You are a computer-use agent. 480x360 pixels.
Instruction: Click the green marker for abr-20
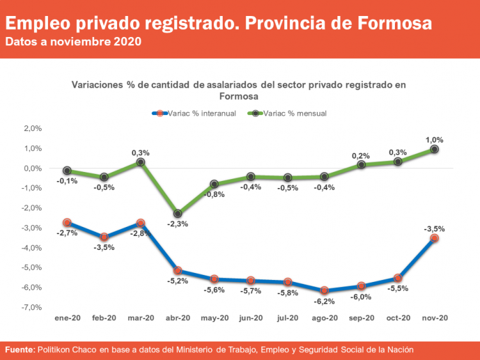(x=177, y=214)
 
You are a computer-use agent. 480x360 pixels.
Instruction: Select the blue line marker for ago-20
(x=324, y=290)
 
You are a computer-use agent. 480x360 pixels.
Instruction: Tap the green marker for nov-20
(x=435, y=149)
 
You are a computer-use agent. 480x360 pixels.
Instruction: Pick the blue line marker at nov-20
(x=435, y=238)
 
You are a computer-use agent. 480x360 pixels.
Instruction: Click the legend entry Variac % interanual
(x=195, y=113)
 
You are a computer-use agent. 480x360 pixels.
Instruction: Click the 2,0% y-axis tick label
(x=31, y=129)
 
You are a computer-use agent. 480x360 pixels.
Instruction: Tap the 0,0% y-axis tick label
(x=31, y=169)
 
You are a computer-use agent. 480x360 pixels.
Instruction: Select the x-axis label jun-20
(x=251, y=318)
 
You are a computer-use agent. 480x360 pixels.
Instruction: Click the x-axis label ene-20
(x=67, y=318)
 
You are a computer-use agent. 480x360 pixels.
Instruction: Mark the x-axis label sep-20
(x=361, y=318)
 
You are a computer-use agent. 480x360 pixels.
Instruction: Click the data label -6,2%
(x=324, y=301)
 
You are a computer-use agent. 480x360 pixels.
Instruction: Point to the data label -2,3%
(x=177, y=224)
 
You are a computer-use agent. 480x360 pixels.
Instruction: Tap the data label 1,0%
(x=435, y=139)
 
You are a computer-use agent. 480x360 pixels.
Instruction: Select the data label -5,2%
(x=177, y=281)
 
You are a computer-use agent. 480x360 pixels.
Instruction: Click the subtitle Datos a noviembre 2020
(x=74, y=42)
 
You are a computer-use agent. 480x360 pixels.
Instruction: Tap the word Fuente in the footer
(x=20, y=350)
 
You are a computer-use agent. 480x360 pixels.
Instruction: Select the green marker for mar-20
(x=141, y=162)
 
